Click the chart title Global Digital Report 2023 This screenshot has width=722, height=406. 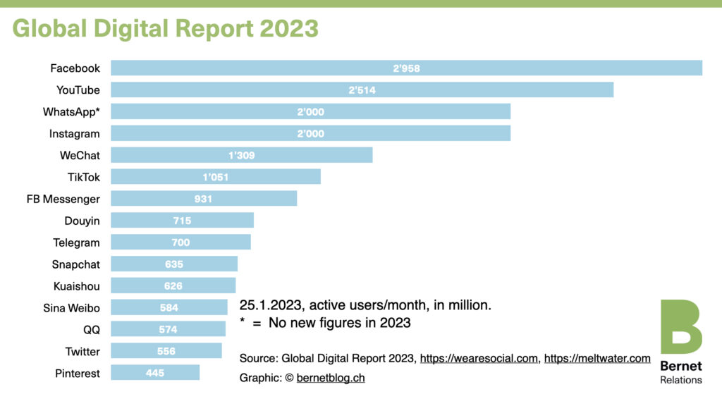pos(165,28)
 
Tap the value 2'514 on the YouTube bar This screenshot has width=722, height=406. pos(362,90)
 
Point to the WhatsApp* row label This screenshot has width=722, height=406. pos(71,111)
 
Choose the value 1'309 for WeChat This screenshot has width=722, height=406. pos(242,155)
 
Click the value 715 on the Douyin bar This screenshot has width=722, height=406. pos(182,221)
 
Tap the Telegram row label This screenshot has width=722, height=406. pos(76,242)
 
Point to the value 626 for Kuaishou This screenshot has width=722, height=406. pos(173,286)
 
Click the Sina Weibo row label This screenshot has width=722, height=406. pos(74,308)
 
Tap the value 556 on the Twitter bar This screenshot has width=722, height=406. pos(166,351)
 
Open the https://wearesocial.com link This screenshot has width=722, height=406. pos(479,359)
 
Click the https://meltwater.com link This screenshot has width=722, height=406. pos(597,359)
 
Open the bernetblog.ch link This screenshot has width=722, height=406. pos(331,379)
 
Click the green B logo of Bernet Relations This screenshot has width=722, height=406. pos(680,326)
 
